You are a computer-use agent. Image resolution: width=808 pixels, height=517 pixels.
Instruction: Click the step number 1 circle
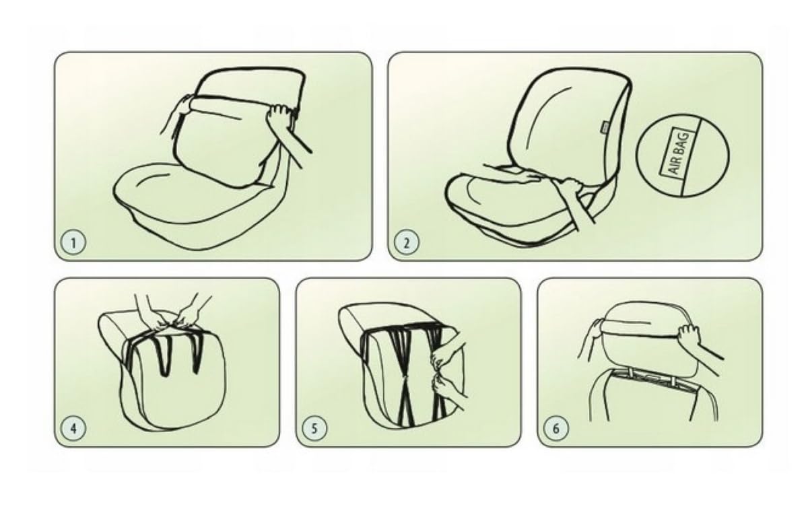click(73, 242)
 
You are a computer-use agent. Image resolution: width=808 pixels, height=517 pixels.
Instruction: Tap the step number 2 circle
click(407, 242)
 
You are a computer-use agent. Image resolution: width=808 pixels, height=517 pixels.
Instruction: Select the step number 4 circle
click(73, 428)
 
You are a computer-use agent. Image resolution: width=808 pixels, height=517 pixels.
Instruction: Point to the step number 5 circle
click(314, 428)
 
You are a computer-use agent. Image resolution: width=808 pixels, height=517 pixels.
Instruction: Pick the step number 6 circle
click(556, 428)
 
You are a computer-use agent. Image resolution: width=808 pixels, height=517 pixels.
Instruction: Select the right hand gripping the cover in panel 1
click(279, 117)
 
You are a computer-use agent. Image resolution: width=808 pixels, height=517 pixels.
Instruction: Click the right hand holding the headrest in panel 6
click(688, 335)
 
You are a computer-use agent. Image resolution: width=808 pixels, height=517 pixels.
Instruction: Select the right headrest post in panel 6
click(673, 381)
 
